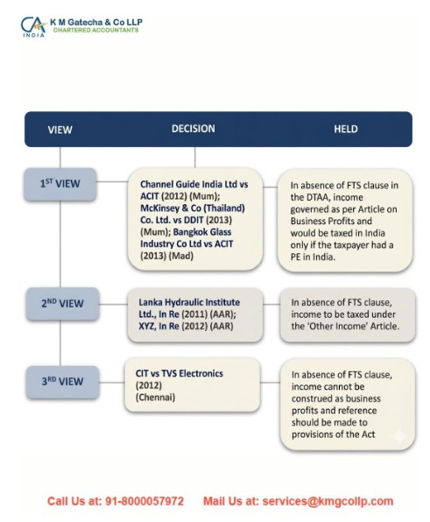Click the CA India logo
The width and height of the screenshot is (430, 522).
pyautogui.click(x=33, y=26)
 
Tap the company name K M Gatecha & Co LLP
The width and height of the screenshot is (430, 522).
pyautogui.click(x=96, y=22)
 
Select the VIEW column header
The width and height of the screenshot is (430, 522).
pyautogui.click(x=60, y=130)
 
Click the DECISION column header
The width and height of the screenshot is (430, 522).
pyautogui.click(x=194, y=129)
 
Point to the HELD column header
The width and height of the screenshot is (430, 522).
pyautogui.click(x=346, y=129)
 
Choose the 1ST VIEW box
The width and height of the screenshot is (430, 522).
pyautogui.click(x=60, y=184)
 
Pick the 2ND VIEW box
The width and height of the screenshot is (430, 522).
pyautogui.click(x=62, y=304)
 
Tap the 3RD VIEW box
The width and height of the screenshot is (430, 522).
pyautogui.click(x=62, y=382)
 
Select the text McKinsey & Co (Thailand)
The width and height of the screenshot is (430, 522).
pyautogui.click(x=193, y=208)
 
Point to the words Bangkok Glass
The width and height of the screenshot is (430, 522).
pyautogui.click(x=202, y=232)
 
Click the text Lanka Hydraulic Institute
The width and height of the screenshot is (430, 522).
pyautogui.click(x=189, y=302)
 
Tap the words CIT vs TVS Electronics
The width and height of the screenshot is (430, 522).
pyautogui.click(x=179, y=373)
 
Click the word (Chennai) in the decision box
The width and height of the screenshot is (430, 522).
pyautogui.click(x=155, y=398)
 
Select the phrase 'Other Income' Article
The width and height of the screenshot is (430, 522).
pyautogui.click(x=354, y=326)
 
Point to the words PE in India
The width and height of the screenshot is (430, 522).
pyautogui.click(x=313, y=257)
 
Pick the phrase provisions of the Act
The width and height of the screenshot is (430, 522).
pyautogui.click(x=333, y=434)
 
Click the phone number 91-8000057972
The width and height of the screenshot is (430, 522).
pyautogui.click(x=145, y=501)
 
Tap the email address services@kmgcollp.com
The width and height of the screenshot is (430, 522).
pyautogui.click(x=328, y=501)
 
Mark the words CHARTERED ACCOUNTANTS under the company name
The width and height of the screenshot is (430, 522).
pyautogui.click(x=95, y=31)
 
